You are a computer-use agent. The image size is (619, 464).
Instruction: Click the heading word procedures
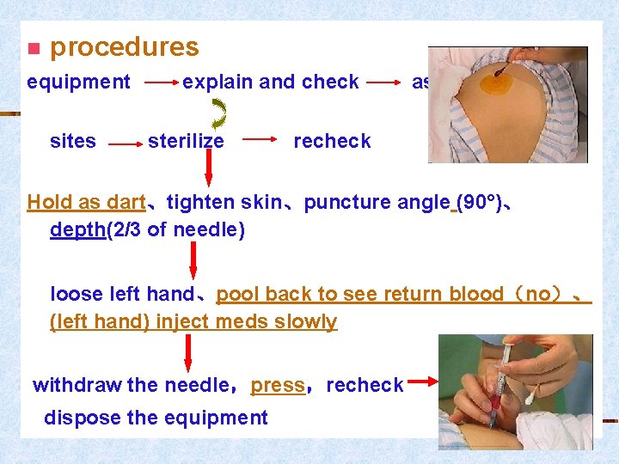[x=124, y=47]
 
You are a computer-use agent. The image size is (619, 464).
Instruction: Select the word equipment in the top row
[x=78, y=82]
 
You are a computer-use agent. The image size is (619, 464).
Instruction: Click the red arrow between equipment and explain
[x=160, y=83]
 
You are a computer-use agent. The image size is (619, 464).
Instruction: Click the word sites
[x=73, y=141]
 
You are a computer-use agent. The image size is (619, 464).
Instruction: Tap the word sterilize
[x=186, y=141]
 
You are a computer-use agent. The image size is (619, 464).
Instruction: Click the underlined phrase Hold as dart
[x=86, y=203]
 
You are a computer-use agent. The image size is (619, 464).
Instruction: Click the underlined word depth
[x=77, y=230]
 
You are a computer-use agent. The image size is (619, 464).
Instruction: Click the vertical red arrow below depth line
[x=195, y=260]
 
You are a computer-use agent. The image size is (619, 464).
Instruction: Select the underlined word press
[x=278, y=385]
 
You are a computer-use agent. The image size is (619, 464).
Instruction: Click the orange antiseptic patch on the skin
[x=497, y=82]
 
